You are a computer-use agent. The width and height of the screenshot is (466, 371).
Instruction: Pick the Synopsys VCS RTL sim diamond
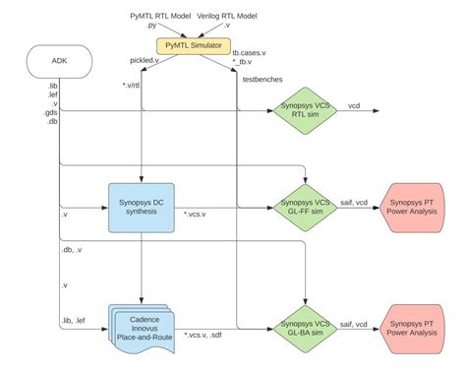pos(305,113)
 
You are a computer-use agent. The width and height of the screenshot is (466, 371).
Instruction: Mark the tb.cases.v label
pos(250,51)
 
